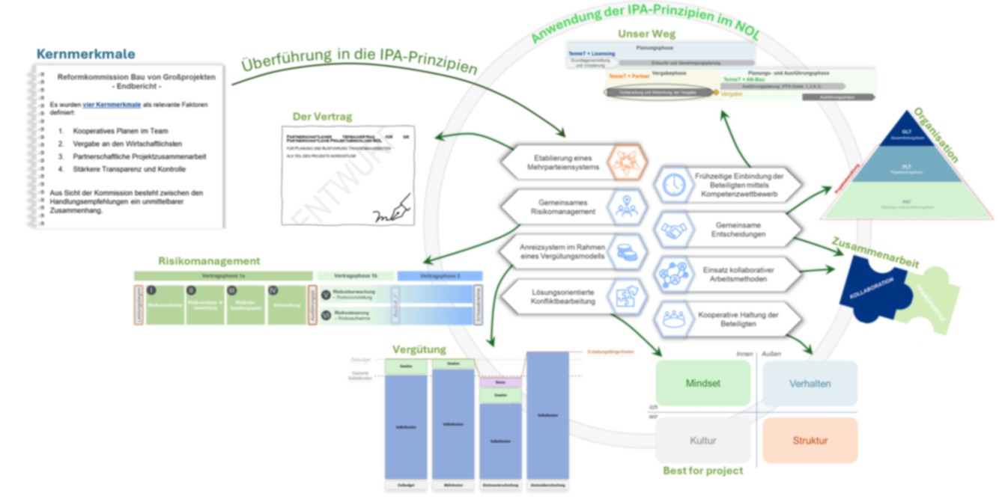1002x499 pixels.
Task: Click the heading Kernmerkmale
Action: point(85,54)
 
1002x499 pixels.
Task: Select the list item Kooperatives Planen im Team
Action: point(121,131)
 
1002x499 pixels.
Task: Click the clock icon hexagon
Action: point(674,184)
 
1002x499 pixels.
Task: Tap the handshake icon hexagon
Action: point(674,230)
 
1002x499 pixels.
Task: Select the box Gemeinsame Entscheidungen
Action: point(740,229)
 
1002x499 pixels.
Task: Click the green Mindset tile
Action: point(702,383)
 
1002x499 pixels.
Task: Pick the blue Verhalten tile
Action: point(810,383)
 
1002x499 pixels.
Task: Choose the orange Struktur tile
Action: point(810,441)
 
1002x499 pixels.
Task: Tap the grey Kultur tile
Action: point(702,441)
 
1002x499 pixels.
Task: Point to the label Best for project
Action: point(702,471)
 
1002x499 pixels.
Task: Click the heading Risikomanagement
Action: point(209,261)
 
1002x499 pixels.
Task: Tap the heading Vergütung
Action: point(419,349)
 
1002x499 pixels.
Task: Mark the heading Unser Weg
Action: point(646,34)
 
